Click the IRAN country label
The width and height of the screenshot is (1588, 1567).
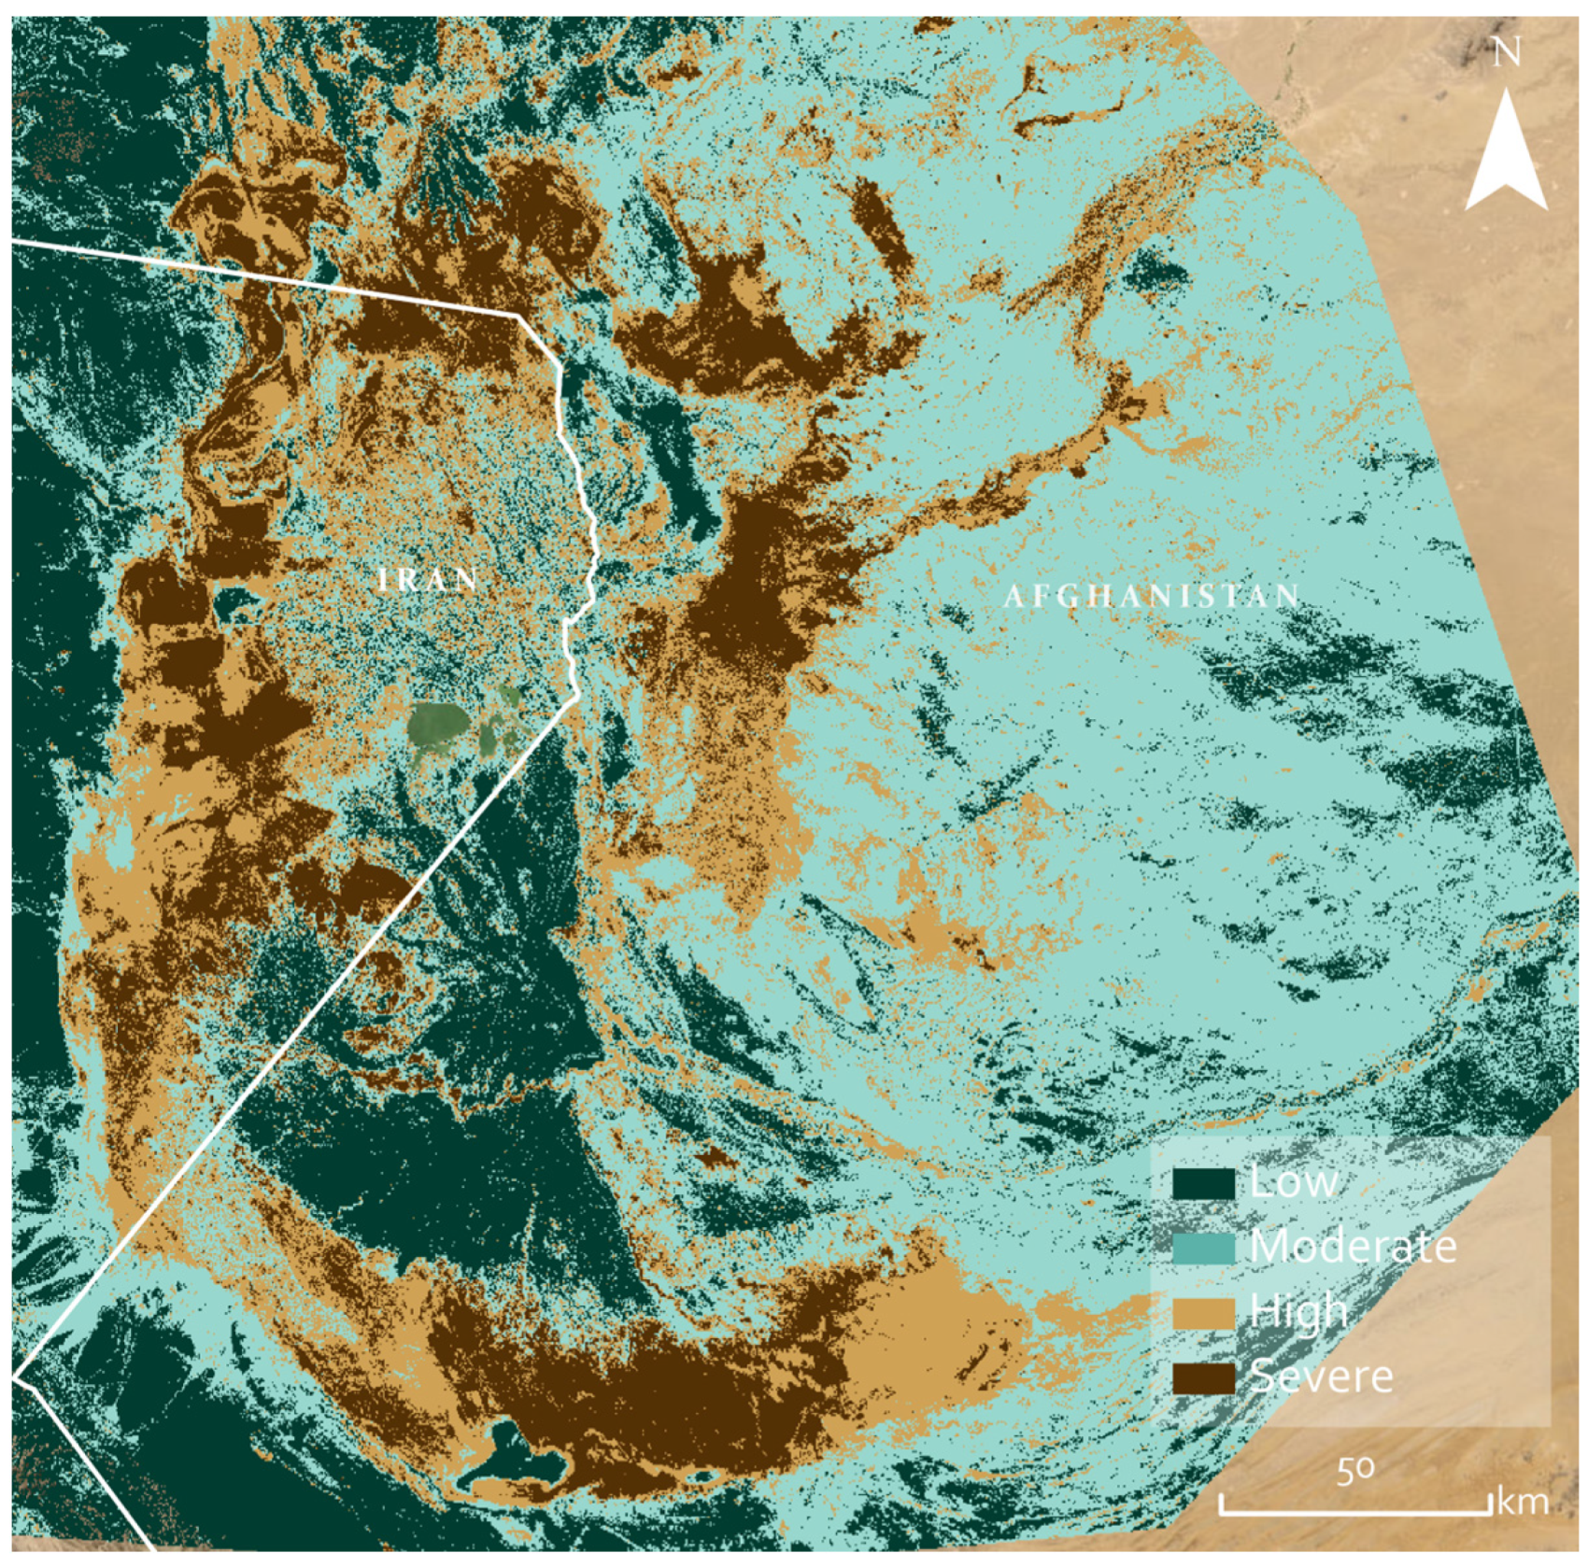[x=429, y=580]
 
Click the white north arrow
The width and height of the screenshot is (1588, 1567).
[x=1506, y=154]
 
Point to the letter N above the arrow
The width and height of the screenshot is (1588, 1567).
[x=1506, y=53]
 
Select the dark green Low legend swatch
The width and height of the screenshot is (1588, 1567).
[x=1203, y=1183]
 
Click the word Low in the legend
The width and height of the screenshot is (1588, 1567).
[x=1293, y=1182]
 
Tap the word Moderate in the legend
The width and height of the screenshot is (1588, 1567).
[x=1352, y=1247]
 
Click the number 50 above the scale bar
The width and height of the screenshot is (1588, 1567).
[x=1354, y=1472]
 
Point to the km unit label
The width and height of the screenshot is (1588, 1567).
[x=1523, y=1503]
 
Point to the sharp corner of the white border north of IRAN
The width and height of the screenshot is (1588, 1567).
[x=519, y=318]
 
